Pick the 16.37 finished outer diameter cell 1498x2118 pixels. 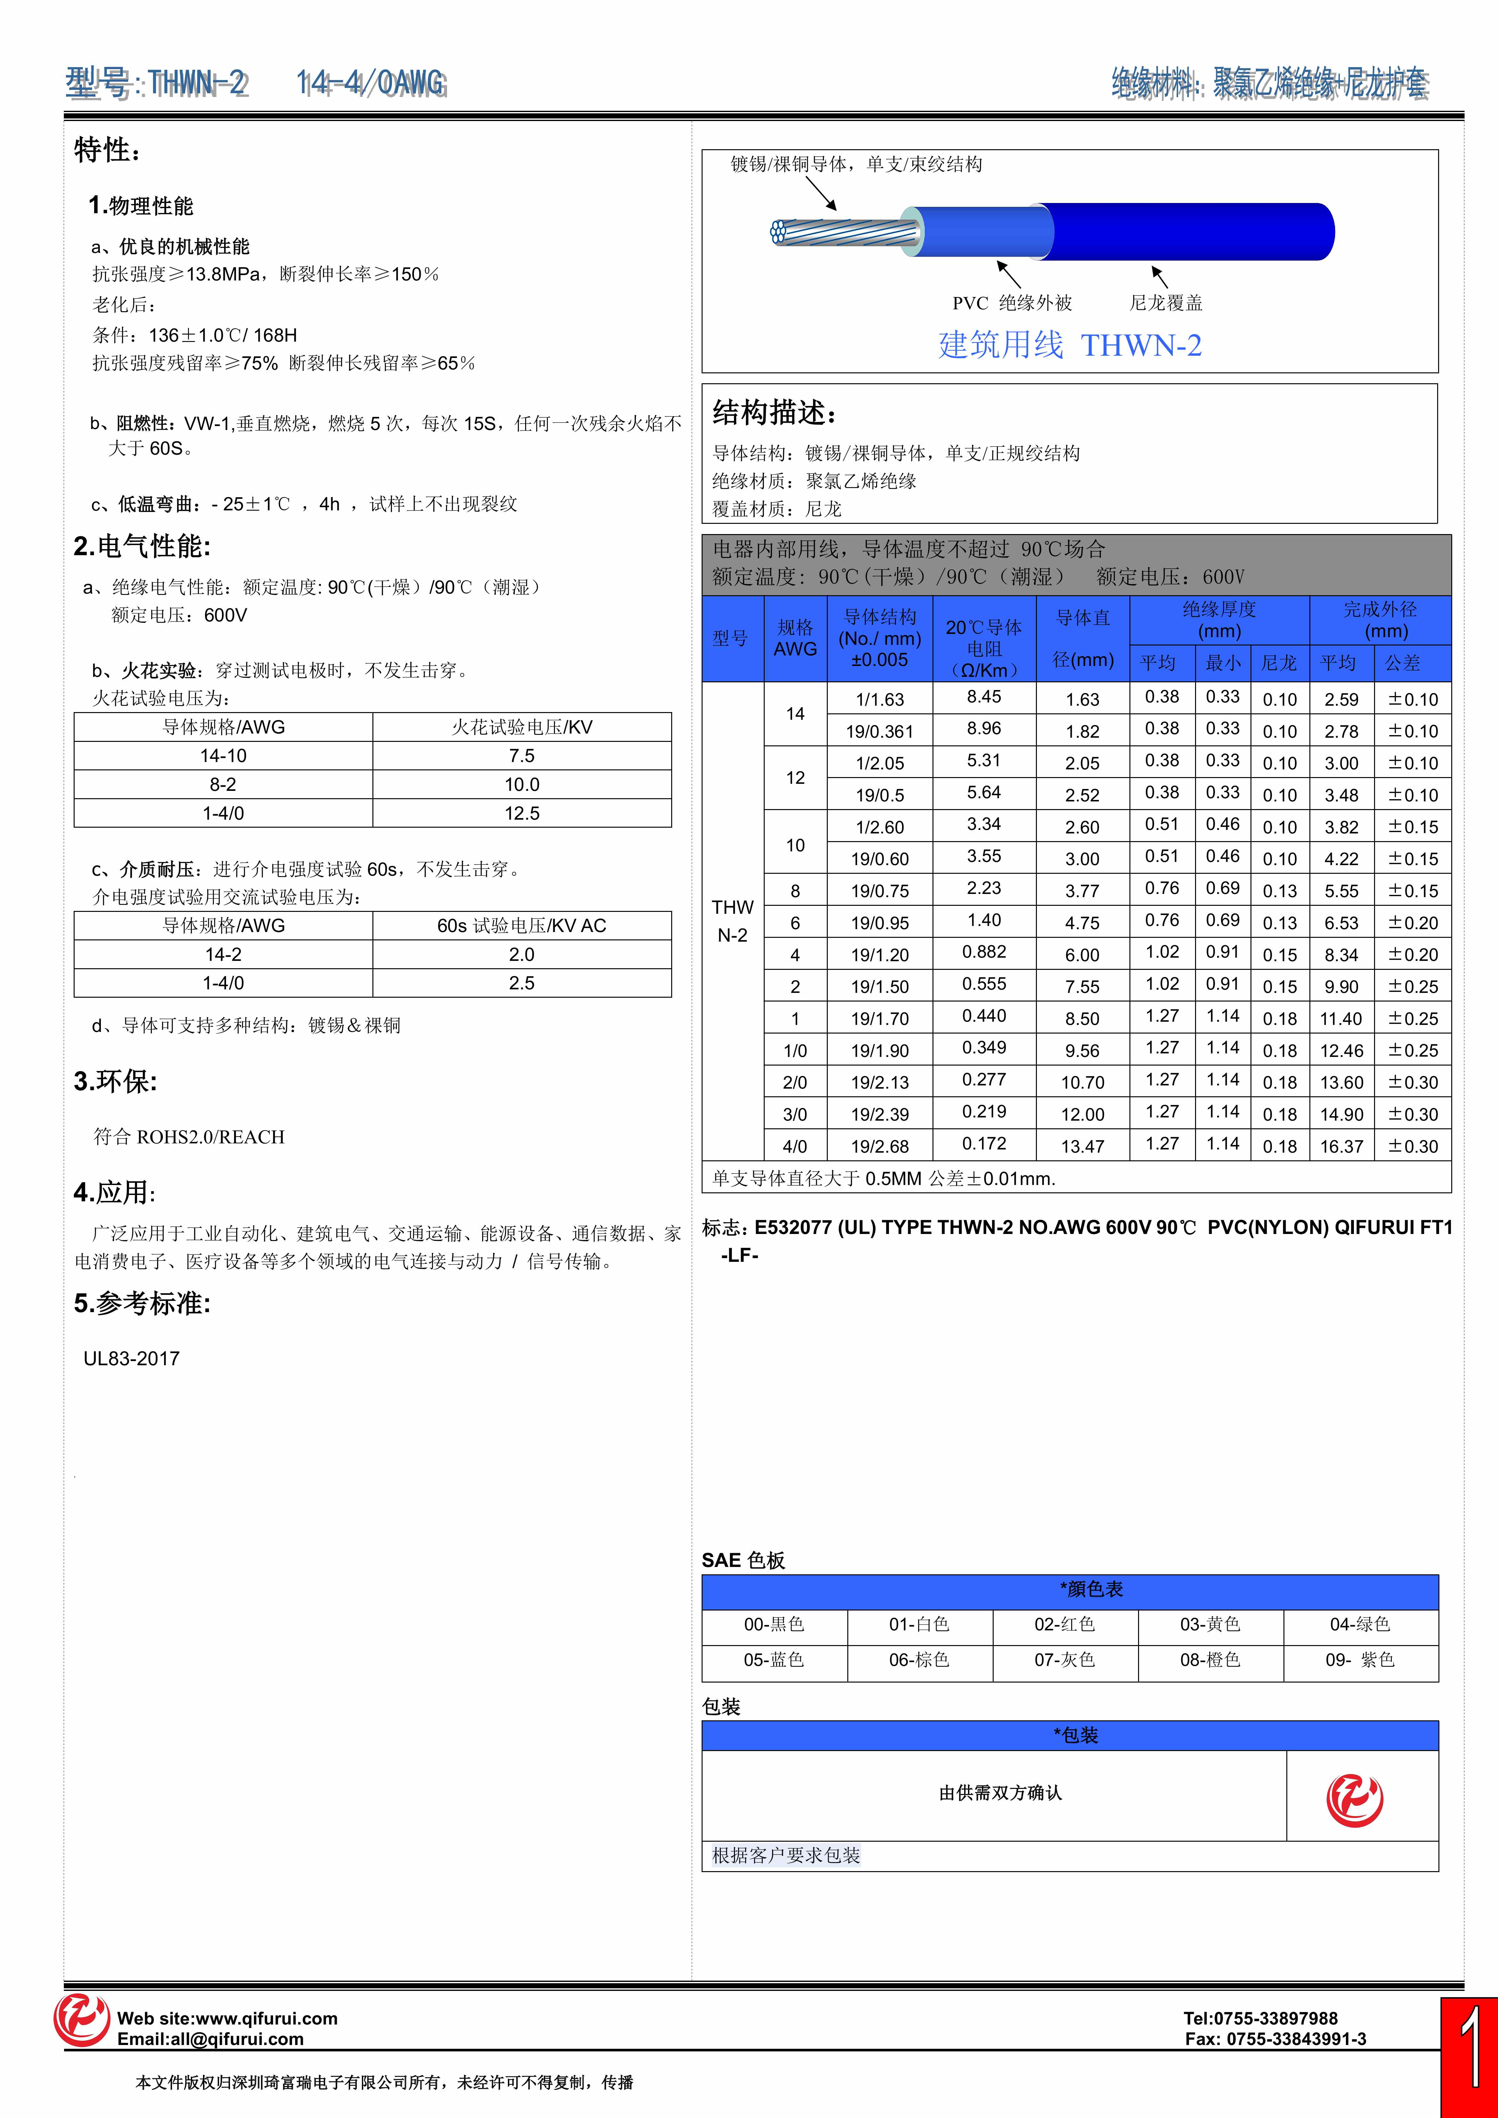point(1341,1146)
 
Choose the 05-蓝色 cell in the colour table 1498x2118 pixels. point(774,1660)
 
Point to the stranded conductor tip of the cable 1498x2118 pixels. point(779,231)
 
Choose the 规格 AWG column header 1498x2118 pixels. point(795,637)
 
